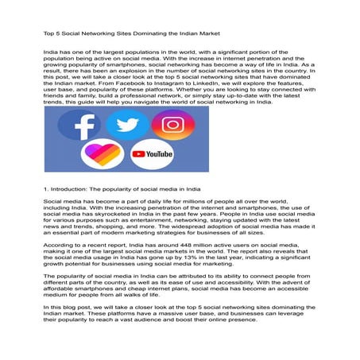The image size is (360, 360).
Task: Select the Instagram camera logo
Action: (x=168, y=125)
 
